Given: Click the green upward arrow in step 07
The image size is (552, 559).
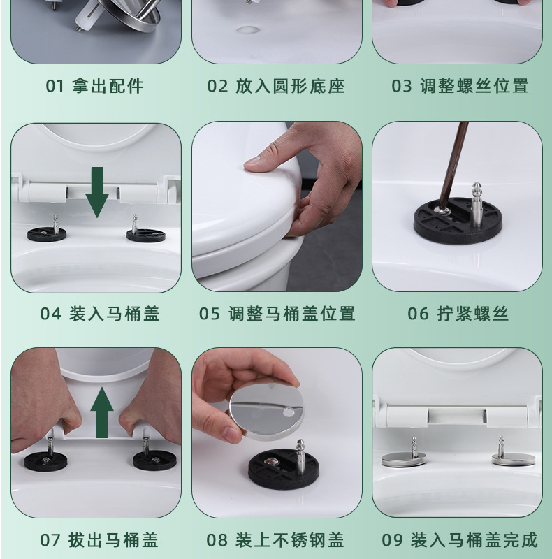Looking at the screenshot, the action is pyautogui.click(x=102, y=413).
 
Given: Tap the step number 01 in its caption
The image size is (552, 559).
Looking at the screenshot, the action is pyautogui.click(x=55, y=86).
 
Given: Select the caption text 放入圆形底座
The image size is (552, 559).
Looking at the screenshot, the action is pyautogui.click(x=290, y=86).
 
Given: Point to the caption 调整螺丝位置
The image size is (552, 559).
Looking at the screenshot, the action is pyautogui.click(x=474, y=86).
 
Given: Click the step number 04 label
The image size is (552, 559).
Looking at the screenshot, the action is pyautogui.click(x=50, y=314).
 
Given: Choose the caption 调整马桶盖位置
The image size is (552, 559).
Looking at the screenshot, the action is pyautogui.click(x=291, y=314).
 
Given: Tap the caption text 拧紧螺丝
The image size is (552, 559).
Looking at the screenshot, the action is pyautogui.click(x=473, y=314).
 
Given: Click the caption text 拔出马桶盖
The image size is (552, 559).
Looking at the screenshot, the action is pyautogui.click(x=113, y=539).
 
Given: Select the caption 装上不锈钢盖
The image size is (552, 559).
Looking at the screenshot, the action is pyautogui.click(x=289, y=539).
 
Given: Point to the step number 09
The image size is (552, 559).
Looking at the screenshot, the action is pyautogui.click(x=392, y=539).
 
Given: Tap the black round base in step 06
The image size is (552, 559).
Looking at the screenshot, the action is pyautogui.click(x=458, y=221).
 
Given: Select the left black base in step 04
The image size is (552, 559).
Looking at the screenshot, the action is pyautogui.click(x=47, y=234).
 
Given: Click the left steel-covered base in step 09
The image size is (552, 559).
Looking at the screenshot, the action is pyautogui.click(x=404, y=460).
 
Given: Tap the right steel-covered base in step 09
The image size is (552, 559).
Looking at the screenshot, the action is pyautogui.click(x=514, y=460).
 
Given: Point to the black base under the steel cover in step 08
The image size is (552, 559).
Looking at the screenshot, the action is pyautogui.click(x=284, y=469).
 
